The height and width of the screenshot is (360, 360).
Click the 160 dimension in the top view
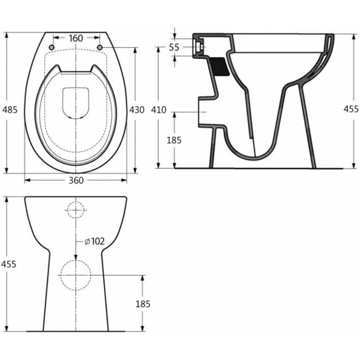(x=76, y=39)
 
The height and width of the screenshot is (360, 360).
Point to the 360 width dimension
(x=76, y=180)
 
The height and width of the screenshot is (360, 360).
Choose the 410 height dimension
(x=158, y=110)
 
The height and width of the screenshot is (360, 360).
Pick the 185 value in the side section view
(x=174, y=140)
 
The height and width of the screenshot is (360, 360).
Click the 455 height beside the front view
(x=8, y=263)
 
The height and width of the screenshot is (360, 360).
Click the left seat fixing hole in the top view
(x=52, y=47)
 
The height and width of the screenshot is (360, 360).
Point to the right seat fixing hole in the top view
(x=100, y=47)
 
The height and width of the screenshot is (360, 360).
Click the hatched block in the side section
(x=220, y=65)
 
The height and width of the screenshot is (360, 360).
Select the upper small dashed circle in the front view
(x=76, y=210)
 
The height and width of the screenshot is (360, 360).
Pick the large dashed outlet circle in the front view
(x=76, y=275)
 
